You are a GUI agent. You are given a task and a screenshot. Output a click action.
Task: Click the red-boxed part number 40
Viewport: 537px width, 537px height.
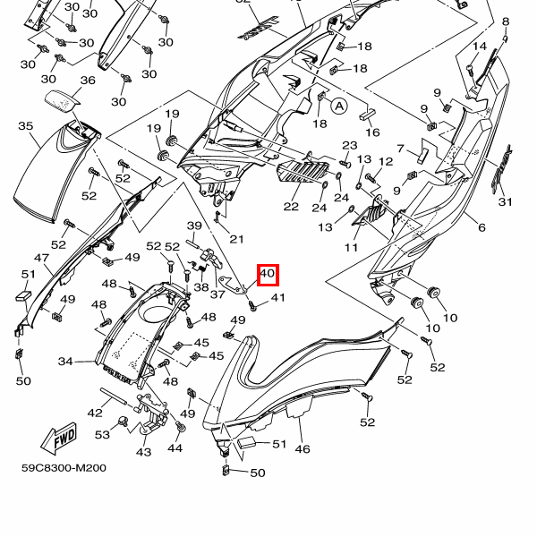(x=268, y=275)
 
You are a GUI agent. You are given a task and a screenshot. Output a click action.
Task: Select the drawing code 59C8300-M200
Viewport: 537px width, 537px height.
(x=64, y=467)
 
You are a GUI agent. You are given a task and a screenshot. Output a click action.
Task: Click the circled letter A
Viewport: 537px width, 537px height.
(x=339, y=106)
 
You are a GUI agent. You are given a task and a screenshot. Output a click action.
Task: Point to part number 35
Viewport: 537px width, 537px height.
(x=26, y=126)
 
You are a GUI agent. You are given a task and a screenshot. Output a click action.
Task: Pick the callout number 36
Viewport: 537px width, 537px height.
(x=87, y=81)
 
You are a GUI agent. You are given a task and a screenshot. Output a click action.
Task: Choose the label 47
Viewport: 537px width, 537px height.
(x=42, y=258)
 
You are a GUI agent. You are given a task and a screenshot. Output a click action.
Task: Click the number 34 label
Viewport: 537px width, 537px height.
(x=65, y=362)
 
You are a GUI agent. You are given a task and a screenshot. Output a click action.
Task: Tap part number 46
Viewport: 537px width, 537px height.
(x=303, y=449)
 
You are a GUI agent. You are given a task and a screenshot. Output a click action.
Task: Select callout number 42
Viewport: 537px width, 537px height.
(x=95, y=413)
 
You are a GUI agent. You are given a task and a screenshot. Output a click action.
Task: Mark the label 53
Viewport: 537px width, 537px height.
(x=102, y=434)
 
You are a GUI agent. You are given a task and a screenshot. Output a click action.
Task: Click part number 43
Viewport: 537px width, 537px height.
(x=143, y=452)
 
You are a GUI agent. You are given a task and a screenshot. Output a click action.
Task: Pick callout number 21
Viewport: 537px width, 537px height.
(x=236, y=239)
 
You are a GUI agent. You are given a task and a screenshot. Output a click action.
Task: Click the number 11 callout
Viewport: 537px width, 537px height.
(x=351, y=247)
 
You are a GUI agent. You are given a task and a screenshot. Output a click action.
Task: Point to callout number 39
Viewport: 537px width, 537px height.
(x=194, y=226)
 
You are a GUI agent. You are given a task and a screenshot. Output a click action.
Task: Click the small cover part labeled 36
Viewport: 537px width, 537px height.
(x=63, y=100)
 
